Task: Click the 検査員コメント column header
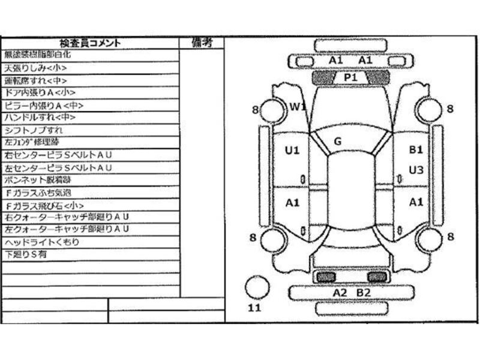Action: [x=90, y=43]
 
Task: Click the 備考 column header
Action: [x=202, y=43]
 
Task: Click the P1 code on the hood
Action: [x=350, y=77]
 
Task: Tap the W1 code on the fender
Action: [x=298, y=107]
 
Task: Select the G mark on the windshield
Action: [x=337, y=142]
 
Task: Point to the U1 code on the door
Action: [x=292, y=151]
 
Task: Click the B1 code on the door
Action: [x=416, y=150]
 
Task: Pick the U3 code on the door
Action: [x=416, y=170]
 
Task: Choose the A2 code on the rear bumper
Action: [x=340, y=293]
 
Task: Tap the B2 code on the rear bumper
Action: [x=364, y=293]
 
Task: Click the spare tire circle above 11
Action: [x=257, y=287]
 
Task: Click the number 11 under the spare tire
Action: [x=254, y=308]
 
